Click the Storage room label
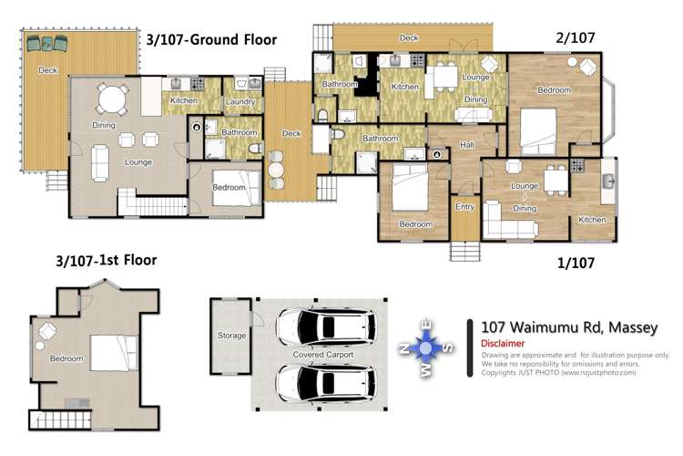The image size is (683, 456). click(231, 336)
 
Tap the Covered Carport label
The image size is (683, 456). click(322, 355)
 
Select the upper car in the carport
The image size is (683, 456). click(326, 327)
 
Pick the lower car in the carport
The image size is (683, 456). click(326, 383)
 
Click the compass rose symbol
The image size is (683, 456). click(426, 347)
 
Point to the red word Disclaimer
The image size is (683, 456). click(503, 344)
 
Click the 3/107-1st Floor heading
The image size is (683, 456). click(107, 261)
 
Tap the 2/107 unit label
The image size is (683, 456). click(575, 38)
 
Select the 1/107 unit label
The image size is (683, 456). click(576, 264)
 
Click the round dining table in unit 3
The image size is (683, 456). click(112, 99)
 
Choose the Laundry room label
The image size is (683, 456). click(240, 101)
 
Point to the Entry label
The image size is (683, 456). click(464, 207)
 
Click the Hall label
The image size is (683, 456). click(466, 145)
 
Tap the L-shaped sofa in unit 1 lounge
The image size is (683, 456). click(510, 222)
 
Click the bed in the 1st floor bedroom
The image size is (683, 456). click(114, 353)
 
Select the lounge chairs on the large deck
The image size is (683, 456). click(47, 43)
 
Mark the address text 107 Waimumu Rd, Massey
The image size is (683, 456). click(569, 327)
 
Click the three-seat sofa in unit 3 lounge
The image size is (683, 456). click(100, 163)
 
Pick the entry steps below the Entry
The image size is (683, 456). click(465, 252)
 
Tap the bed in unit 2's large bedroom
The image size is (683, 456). click(539, 131)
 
